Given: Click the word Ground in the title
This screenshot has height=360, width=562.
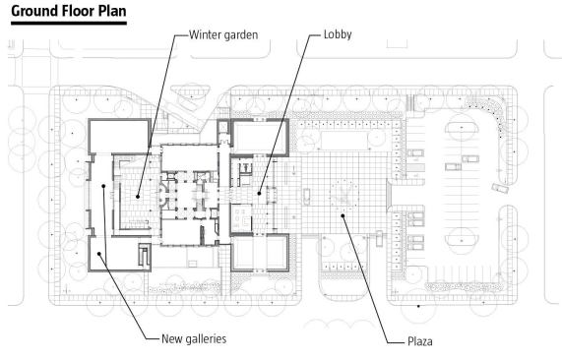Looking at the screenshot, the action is pyautogui.click(x=34, y=12).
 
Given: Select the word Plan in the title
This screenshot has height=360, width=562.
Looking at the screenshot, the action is pyautogui.click(x=112, y=11).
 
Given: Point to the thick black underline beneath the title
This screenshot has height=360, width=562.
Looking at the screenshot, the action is pyautogui.click(x=69, y=24).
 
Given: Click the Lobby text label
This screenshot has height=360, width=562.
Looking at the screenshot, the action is pyautogui.click(x=338, y=34).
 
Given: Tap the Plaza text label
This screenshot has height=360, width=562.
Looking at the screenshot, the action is pyautogui.click(x=419, y=341).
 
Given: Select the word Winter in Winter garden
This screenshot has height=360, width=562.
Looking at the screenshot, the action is pyautogui.click(x=203, y=34).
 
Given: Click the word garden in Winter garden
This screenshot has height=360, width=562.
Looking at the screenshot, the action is pyautogui.click(x=240, y=35).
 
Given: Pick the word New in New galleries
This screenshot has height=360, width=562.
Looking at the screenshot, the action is pyautogui.click(x=170, y=339).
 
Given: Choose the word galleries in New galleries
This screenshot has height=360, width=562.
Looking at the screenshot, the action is pyautogui.click(x=204, y=339).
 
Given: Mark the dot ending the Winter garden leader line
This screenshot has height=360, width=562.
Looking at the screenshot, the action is pyautogui.click(x=137, y=197).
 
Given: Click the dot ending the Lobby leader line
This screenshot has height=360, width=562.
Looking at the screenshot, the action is pyautogui.click(x=259, y=194).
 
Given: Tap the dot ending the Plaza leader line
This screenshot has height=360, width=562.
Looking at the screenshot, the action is pyautogui.click(x=343, y=215).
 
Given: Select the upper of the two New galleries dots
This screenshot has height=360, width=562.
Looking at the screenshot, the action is pyautogui.click(x=103, y=186).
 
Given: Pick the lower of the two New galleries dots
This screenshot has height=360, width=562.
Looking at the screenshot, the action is pyautogui.click(x=99, y=254).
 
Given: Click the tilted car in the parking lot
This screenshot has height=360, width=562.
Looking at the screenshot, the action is pyautogui.click(x=500, y=189).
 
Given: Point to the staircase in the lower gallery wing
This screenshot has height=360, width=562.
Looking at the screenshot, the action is pyautogui.click(x=144, y=255).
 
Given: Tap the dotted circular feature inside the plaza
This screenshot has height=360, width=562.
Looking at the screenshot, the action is pyautogui.click(x=344, y=195).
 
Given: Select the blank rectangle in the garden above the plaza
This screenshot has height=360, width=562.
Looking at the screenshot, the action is pyautogui.click(x=344, y=140).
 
